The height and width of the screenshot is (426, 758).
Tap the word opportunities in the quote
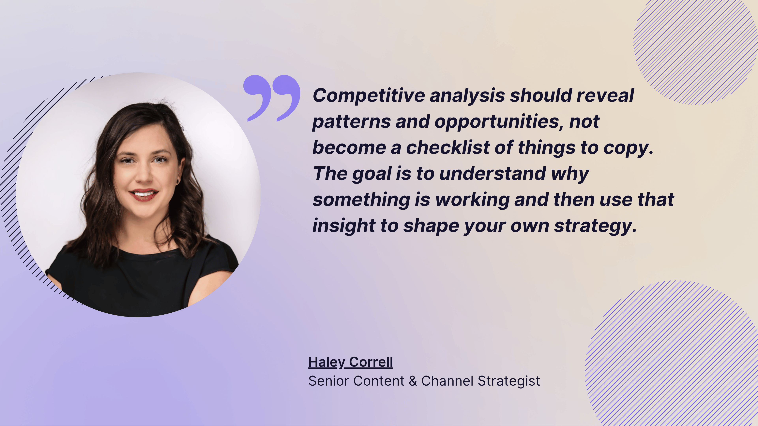(x=499, y=122)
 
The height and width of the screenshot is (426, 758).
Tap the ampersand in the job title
(x=413, y=381)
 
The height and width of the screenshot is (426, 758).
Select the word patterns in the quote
(x=351, y=122)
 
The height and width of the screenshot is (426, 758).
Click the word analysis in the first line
(x=467, y=96)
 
